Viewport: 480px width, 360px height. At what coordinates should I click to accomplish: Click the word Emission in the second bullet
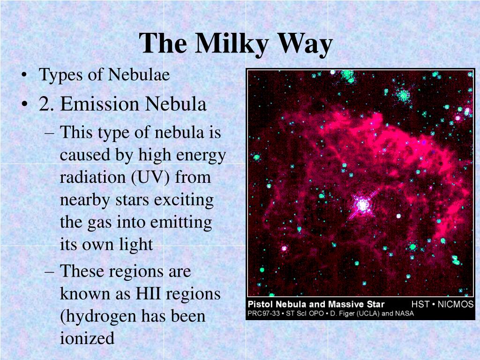pos(100,104)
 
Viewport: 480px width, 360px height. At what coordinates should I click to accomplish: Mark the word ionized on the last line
pos(87,338)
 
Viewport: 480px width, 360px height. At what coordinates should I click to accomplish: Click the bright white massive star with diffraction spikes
pos(362,204)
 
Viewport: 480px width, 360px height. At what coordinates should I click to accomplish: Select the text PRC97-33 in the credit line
pos(263,314)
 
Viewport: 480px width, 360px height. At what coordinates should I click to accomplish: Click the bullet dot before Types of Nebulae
pos(24,75)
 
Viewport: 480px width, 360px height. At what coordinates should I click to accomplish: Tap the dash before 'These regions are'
pos(49,271)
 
